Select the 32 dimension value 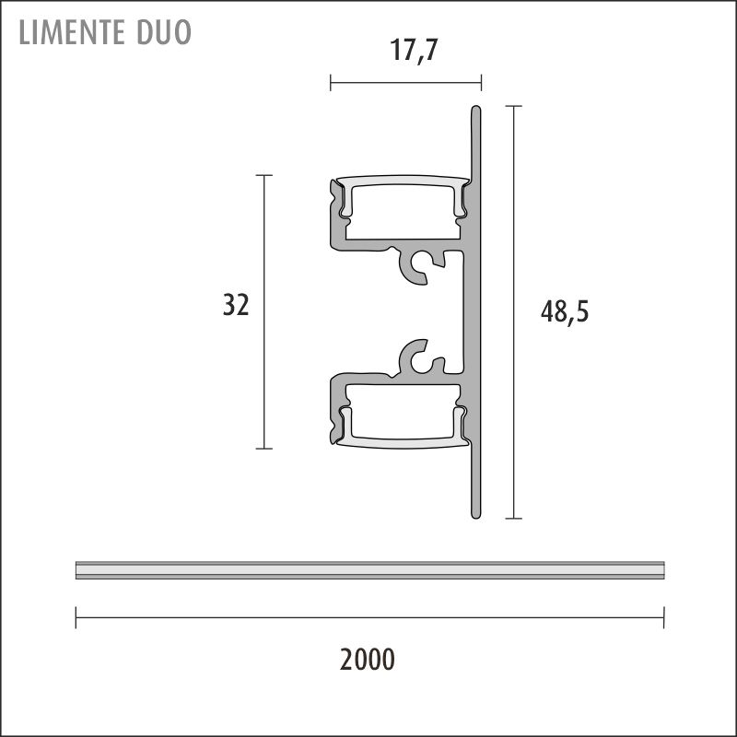(236, 305)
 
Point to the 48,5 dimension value (564, 312)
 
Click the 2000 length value (367, 660)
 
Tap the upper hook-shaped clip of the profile (420, 268)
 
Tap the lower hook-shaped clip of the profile (420, 357)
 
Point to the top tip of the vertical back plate (476, 111)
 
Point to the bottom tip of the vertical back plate (476, 514)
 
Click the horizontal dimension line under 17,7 (405, 83)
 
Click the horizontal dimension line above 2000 (368, 618)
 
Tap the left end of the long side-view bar (77, 570)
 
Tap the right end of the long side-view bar (662, 570)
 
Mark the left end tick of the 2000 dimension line (76, 618)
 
